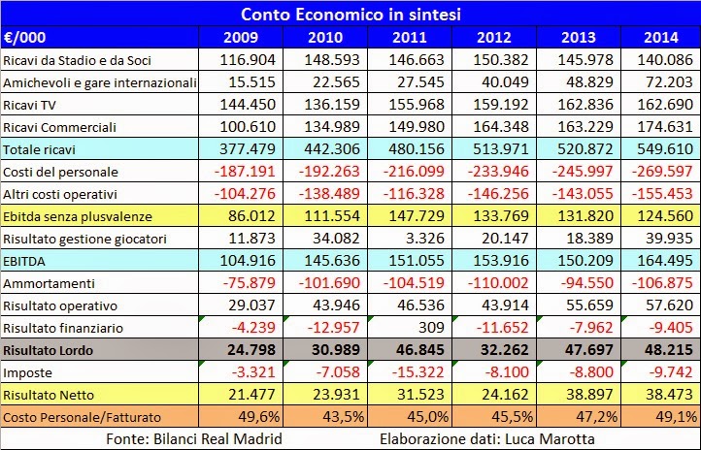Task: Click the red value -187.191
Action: [247, 171]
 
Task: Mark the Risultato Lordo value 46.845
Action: [415, 350]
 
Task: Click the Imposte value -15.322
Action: [417, 372]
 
